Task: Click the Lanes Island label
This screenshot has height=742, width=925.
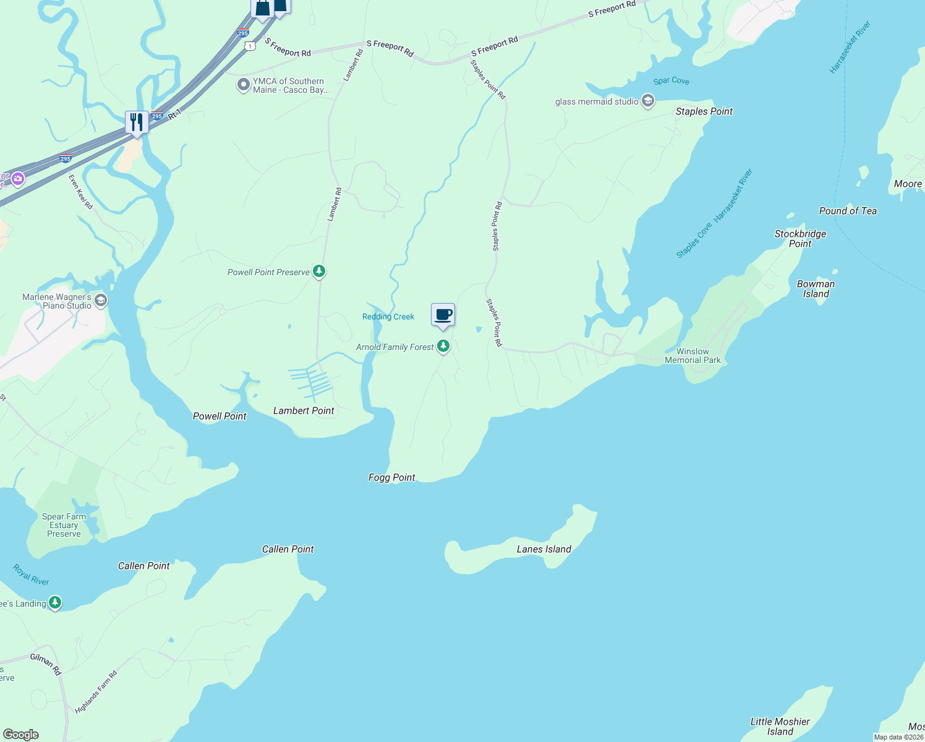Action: point(543,549)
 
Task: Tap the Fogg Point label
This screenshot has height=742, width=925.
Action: point(391,477)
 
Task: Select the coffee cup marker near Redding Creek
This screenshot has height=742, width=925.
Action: point(443,315)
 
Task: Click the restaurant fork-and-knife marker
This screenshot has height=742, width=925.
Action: point(137,122)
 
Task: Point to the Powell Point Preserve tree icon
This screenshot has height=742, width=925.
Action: point(319,271)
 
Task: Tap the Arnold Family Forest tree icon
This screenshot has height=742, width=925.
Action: point(443,346)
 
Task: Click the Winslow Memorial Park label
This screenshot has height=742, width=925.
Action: point(693,356)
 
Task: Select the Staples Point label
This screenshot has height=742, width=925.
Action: point(704,111)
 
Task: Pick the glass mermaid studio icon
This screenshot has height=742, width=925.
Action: point(648,101)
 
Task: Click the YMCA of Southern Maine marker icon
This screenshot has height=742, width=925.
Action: point(244,85)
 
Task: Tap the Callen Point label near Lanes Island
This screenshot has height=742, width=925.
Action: point(288,549)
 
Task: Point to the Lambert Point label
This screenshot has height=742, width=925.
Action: point(304,411)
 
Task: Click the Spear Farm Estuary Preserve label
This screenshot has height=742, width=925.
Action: point(64,525)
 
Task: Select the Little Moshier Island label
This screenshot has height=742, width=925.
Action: point(780,727)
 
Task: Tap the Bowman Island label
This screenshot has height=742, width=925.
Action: point(816,289)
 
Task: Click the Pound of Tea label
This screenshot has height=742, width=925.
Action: point(848,211)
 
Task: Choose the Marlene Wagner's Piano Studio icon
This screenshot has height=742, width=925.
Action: point(101,301)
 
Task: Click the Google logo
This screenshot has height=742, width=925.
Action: point(21,735)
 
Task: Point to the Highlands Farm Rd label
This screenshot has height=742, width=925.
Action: point(96,693)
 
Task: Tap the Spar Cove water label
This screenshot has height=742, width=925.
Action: point(671,81)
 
